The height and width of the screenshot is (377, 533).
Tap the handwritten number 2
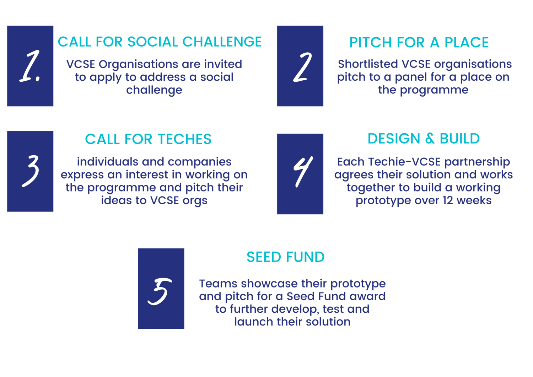pyautogui.click(x=302, y=67)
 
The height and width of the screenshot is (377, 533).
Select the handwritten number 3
pyautogui.click(x=31, y=171)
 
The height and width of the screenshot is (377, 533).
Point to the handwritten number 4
pyautogui.click(x=303, y=171)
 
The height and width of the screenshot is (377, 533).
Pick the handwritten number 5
pyautogui.click(x=160, y=291)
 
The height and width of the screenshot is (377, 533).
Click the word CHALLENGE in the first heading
pyautogui.click(x=222, y=42)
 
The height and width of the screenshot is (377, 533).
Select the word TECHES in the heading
pyautogui.click(x=184, y=139)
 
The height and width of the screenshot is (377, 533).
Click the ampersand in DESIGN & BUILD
pyautogui.click(x=430, y=138)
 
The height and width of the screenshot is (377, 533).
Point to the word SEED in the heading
pyautogui.click(x=264, y=257)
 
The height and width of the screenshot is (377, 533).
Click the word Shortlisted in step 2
pyautogui.click(x=368, y=64)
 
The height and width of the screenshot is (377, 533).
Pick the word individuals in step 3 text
pyautogui.click(x=108, y=162)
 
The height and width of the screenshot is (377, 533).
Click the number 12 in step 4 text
pyautogui.click(x=448, y=200)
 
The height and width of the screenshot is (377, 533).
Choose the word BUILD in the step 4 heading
pyautogui.click(x=459, y=138)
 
